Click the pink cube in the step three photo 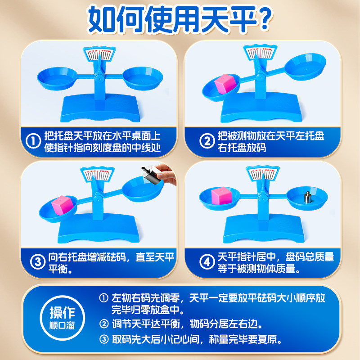tap(62, 204)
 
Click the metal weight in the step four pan tap(307, 198)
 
